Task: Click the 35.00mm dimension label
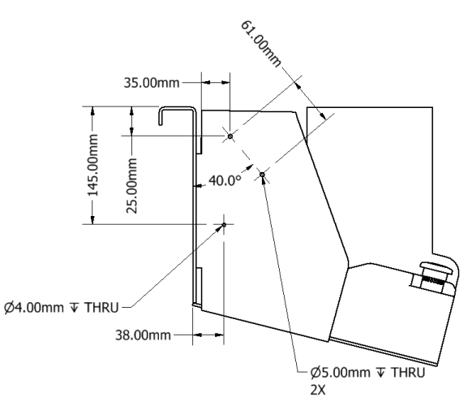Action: click(x=152, y=83)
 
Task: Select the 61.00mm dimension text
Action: click(x=260, y=44)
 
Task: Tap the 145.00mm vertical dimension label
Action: click(x=92, y=165)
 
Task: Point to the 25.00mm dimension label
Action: click(x=131, y=186)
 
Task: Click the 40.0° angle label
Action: click(x=225, y=180)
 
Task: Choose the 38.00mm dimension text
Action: click(x=143, y=335)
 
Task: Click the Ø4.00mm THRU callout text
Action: click(x=62, y=308)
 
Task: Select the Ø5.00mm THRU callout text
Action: click(x=367, y=373)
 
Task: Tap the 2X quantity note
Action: click(x=318, y=390)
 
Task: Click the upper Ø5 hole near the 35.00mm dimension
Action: click(x=230, y=136)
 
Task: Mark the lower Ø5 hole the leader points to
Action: click(x=262, y=175)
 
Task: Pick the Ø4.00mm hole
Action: click(x=224, y=224)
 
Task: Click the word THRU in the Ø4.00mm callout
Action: click(x=101, y=308)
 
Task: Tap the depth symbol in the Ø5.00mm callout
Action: click(x=380, y=373)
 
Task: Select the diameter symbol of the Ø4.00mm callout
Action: click(x=10, y=308)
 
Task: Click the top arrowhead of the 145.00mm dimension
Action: click(x=92, y=110)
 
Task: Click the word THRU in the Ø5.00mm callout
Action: click(x=408, y=373)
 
